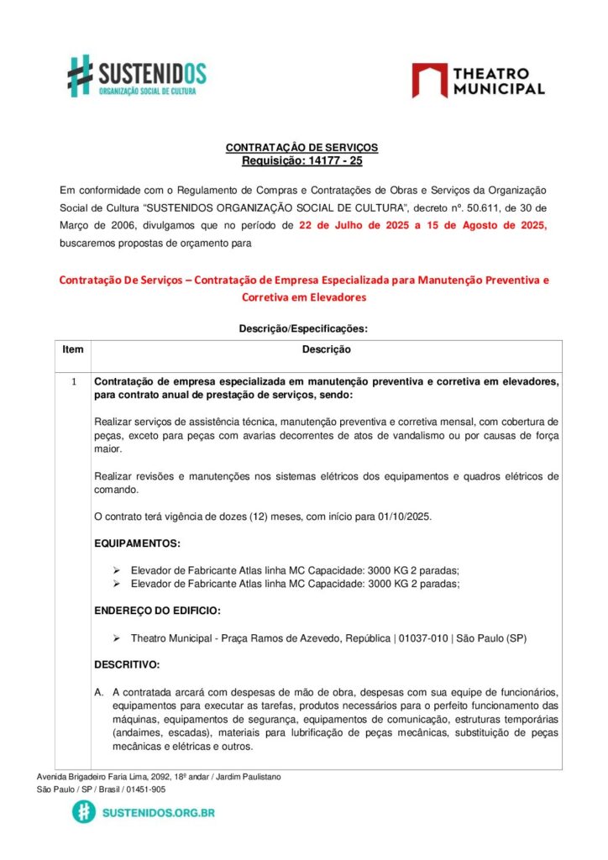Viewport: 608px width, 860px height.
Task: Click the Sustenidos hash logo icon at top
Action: (81, 76)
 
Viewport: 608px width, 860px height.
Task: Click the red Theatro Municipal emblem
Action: (429, 81)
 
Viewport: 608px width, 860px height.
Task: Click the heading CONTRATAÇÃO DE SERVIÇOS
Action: (301, 148)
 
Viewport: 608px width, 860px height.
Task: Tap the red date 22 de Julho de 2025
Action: (362, 225)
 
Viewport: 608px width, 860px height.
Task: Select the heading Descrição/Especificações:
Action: (303, 329)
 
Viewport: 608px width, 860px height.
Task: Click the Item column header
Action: (73, 349)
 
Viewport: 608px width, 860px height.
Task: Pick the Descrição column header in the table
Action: (326, 349)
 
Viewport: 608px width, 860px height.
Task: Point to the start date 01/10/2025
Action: (403, 517)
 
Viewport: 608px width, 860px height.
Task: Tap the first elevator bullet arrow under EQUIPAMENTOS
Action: (118, 570)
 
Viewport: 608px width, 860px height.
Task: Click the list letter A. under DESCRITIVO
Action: (99, 693)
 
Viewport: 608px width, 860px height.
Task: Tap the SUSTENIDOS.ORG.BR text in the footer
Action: (157, 813)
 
